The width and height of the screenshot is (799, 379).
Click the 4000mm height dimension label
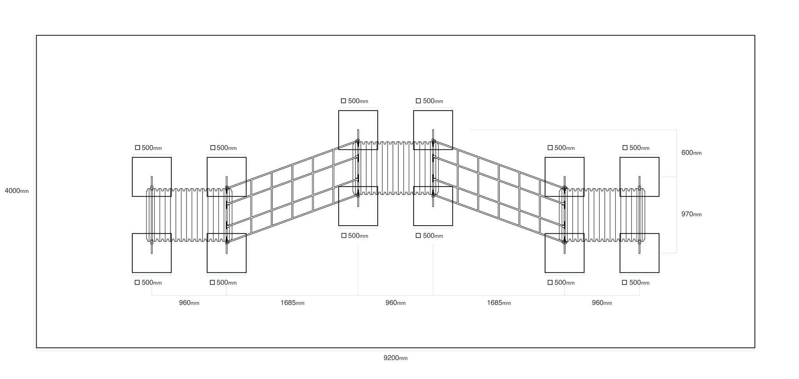(17, 191)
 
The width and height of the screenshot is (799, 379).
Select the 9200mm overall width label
(396, 358)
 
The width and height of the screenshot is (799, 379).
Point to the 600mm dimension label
(691, 153)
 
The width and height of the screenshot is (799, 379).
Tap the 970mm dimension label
(691, 214)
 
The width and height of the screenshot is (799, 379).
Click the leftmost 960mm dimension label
(189, 303)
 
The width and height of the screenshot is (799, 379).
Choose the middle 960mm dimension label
(396, 303)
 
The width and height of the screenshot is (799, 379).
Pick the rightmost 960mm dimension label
(602, 303)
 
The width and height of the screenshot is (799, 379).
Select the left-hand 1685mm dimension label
(293, 303)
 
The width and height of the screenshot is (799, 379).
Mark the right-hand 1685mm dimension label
(499, 303)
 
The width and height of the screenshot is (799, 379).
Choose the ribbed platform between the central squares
(396, 168)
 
